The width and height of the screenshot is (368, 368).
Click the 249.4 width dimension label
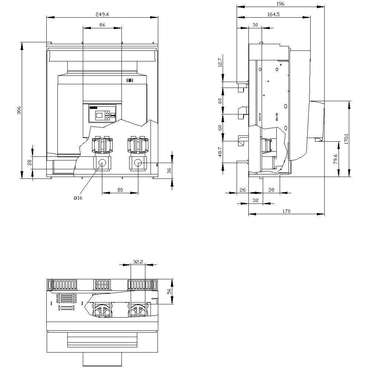102,14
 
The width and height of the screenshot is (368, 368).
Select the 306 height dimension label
19,110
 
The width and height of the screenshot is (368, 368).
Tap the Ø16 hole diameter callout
78,198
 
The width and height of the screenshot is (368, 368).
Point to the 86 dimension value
102,25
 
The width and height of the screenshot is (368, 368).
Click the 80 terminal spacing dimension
120,190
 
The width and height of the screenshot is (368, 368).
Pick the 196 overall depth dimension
280,4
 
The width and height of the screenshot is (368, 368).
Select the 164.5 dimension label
273,14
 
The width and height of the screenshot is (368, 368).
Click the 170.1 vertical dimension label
346,139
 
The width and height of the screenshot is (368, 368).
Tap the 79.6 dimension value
335,159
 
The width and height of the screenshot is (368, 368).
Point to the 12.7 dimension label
220,63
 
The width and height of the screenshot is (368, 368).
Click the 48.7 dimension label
220,152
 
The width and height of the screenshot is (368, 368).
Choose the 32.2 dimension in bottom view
138,262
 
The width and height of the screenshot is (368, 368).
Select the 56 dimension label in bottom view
169,291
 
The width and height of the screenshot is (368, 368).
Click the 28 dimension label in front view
29,162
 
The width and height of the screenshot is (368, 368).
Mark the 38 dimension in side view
271,190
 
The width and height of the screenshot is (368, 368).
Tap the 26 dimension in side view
243,190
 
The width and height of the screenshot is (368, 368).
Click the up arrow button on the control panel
107,113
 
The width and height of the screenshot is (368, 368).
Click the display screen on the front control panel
99,115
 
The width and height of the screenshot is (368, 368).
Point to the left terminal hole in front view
102,163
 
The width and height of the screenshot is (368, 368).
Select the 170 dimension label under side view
286,211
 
